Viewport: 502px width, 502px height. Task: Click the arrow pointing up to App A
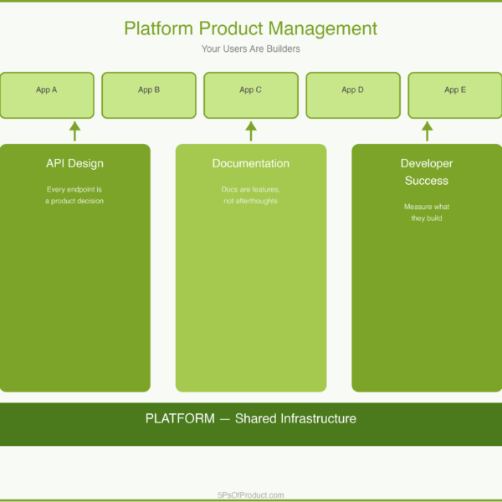(74, 131)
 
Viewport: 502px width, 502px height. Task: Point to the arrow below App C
(251, 131)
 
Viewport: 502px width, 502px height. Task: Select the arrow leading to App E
(428, 131)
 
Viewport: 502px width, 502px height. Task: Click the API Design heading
(74, 163)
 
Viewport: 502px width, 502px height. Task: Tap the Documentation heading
(251, 163)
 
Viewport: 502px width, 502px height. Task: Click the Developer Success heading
(427, 172)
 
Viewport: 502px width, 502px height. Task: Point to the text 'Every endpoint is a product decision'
(74, 195)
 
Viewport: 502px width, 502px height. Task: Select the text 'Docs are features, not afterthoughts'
(251, 195)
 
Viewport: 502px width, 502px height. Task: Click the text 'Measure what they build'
(427, 213)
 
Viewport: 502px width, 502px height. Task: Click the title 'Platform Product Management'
(251, 28)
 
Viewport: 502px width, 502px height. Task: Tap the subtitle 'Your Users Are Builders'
(251, 49)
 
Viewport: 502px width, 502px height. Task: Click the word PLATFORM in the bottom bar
(180, 418)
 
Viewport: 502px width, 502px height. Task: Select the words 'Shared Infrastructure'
(295, 418)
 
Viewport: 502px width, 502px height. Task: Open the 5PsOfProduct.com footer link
(251, 494)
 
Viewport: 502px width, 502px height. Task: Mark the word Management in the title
(323, 28)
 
